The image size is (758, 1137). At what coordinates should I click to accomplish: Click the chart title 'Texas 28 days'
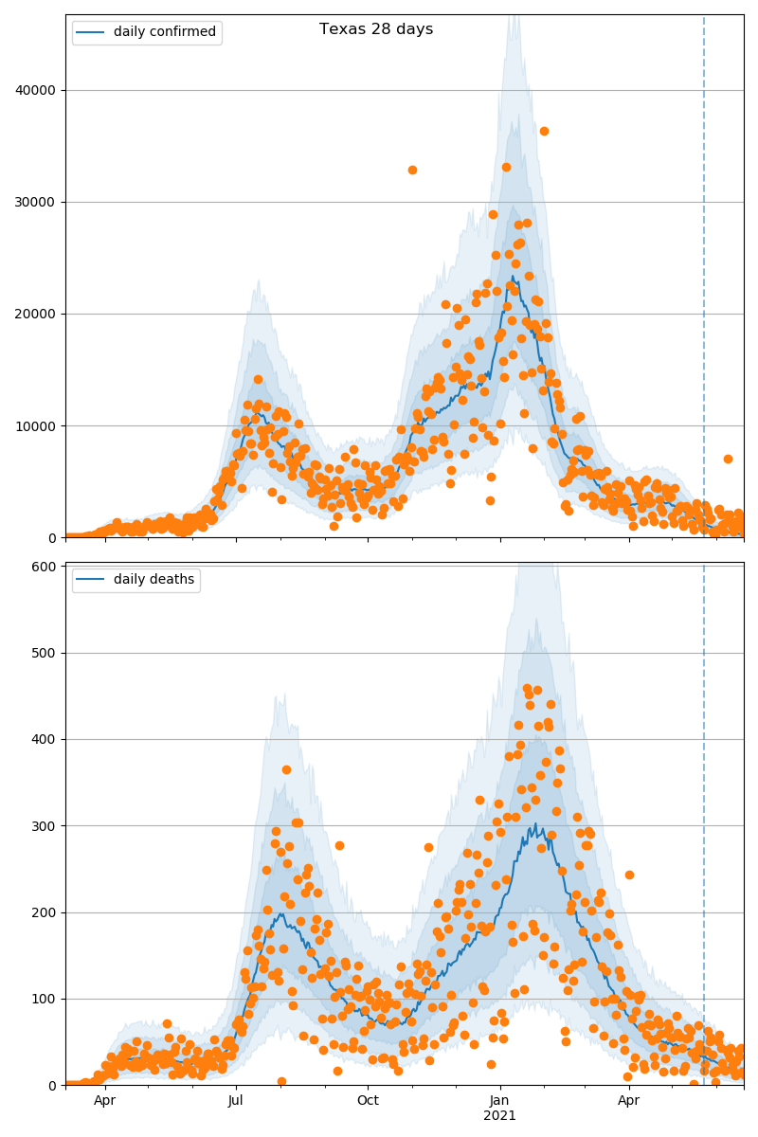[x=376, y=29]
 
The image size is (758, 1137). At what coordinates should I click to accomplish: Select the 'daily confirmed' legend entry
[x=165, y=32]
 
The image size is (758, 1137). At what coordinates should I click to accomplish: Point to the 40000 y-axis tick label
[x=36, y=91]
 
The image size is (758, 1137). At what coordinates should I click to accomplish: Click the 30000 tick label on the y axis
[x=36, y=203]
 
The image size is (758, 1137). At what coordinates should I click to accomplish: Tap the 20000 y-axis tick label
[x=36, y=315]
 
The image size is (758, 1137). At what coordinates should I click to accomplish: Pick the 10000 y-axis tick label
[x=36, y=426]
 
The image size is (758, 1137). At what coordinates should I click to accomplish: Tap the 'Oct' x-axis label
[x=368, y=1101]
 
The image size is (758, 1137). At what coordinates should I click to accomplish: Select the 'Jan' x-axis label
[x=500, y=1101]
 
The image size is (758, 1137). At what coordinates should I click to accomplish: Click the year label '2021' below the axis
[x=500, y=1116]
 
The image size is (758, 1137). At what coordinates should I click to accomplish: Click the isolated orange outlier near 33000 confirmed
[x=412, y=170]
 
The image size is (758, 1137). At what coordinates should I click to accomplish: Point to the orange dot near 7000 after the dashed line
[x=728, y=459]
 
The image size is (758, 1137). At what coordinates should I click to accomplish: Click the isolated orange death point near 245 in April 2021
[x=629, y=875]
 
